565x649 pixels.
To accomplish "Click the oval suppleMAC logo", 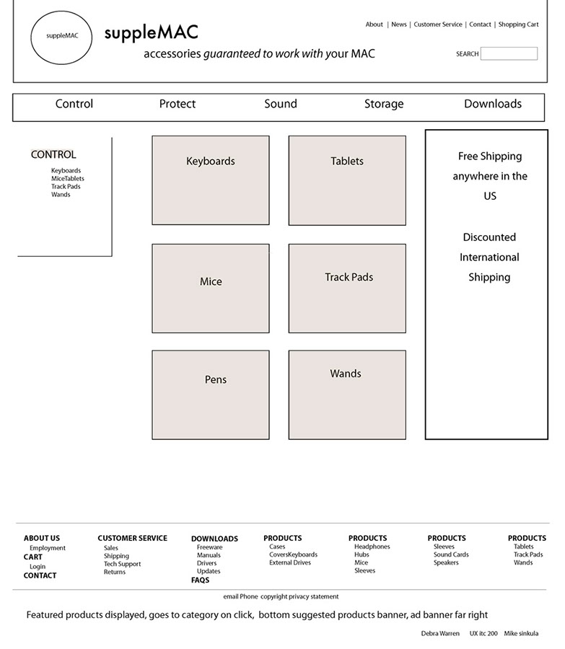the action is (x=62, y=36).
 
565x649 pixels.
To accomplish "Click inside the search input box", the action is (x=509, y=53).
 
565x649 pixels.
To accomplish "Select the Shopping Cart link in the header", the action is (x=518, y=25).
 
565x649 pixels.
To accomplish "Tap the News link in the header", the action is (x=399, y=25).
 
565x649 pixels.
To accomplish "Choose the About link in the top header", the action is (x=374, y=25).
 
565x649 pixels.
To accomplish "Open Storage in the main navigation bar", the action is (x=383, y=104).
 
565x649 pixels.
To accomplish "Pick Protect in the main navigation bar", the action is (x=177, y=104).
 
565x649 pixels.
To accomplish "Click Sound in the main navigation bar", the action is (x=280, y=104).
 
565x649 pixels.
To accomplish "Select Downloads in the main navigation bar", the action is (x=492, y=104).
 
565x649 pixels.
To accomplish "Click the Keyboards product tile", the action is (x=210, y=180).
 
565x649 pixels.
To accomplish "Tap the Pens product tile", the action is (x=210, y=394).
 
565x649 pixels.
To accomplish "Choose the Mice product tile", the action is (x=210, y=288).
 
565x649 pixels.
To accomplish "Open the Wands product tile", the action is (x=346, y=394).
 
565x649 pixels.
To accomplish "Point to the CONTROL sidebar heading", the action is (x=53, y=154).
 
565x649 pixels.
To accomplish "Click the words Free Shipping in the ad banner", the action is (x=489, y=156).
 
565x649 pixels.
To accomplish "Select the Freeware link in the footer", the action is (x=209, y=547).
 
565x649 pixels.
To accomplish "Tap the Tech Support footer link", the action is (x=122, y=564).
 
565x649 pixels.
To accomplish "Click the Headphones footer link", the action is (x=372, y=547).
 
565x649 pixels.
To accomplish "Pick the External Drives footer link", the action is (x=290, y=562).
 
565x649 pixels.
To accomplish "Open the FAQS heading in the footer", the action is (x=200, y=580).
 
